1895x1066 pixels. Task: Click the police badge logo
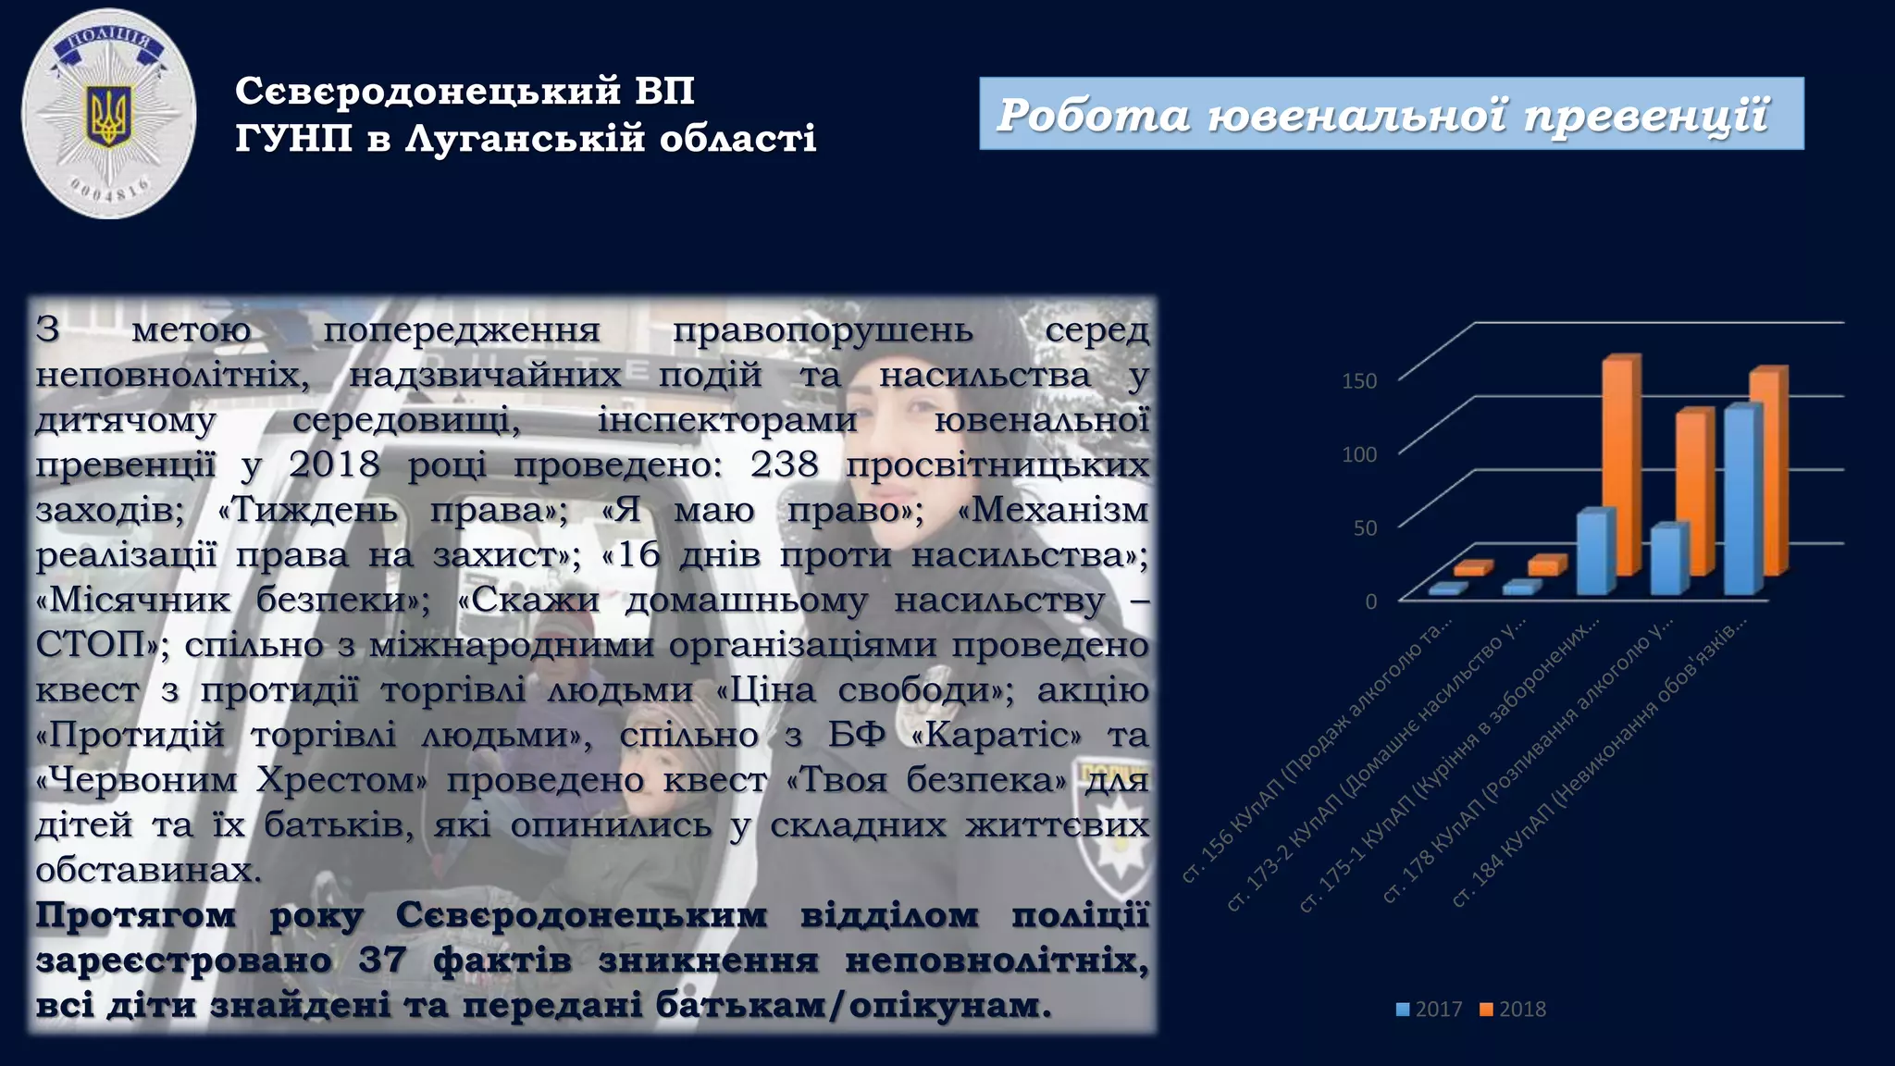coord(108,114)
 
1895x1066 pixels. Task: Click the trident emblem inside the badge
coord(108,116)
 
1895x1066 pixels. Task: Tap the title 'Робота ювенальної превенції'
coord(1382,115)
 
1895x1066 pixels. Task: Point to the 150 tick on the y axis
coord(1358,381)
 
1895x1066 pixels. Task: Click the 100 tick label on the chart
coord(1358,454)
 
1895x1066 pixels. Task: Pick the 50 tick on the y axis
coord(1365,528)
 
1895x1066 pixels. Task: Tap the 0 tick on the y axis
coord(1370,601)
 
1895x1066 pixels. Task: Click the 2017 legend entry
coord(1430,1010)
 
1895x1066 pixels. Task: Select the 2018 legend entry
coord(1513,1010)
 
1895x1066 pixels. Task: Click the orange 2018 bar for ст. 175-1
coord(1620,463)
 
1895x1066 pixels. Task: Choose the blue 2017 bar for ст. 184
coord(1742,500)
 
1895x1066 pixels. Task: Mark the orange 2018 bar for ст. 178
coord(1694,490)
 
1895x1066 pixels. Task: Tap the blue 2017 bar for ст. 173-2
coord(1520,588)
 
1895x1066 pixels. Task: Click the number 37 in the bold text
coord(382,960)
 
